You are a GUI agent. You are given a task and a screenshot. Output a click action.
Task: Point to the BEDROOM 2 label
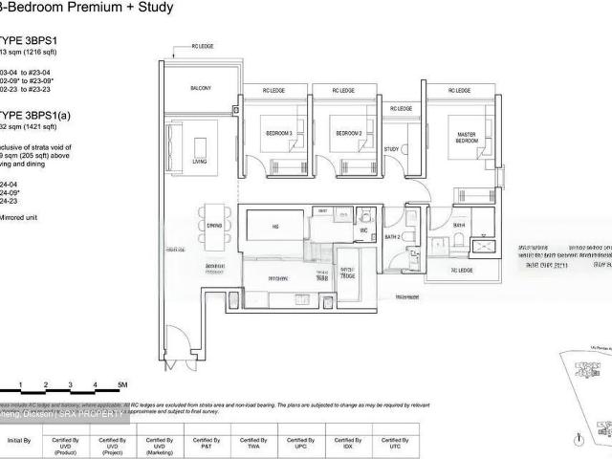347,132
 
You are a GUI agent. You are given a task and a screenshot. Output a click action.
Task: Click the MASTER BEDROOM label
466,138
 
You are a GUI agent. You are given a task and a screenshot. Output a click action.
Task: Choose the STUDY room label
392,149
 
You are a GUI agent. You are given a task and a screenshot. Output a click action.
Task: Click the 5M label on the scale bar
121,386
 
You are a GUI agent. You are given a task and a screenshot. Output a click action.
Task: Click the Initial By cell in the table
19,441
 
